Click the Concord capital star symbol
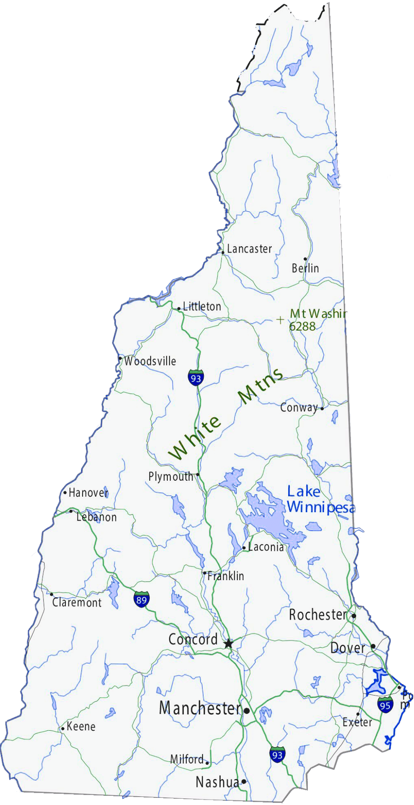click(x=228, y=643)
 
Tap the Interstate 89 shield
click(x=141, y=599)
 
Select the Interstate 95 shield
click(x=385, y=704)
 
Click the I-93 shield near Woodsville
click(x=195, y=377)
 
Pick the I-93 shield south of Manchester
click(x=277, y=754)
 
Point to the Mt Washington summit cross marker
click(x=280, y=320)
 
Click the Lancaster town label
click(x=249, y=249)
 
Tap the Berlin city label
click(x=305, y=268)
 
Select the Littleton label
click(x=202, y=307)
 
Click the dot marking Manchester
click(x=247, y=711)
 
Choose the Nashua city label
click(x=217, y=782)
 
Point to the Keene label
click(x=81, y=726)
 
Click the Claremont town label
click(x=77, y=603)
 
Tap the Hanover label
click(x=88, y=492)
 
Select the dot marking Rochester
click(x=354, y=616)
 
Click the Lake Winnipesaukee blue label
click(x=321, y=500)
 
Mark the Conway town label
click(x=299, y=407)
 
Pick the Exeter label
click(x=357, y=722)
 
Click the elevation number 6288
click(x=302, y=326)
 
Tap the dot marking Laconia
click(x=244, y=548)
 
